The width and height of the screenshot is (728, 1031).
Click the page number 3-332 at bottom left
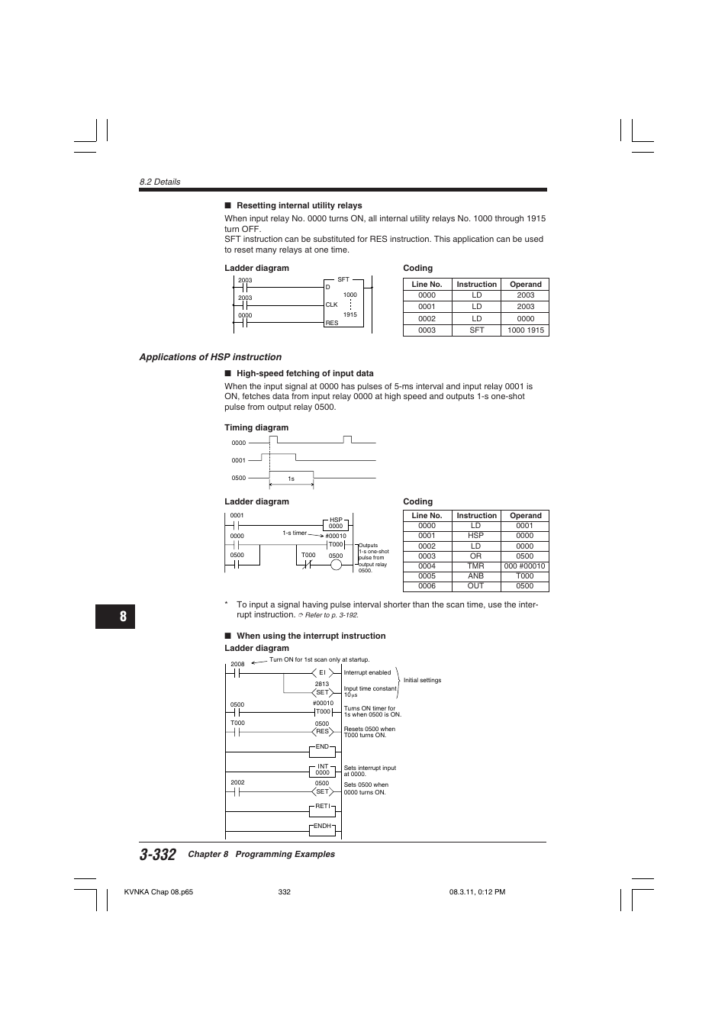(158, 855)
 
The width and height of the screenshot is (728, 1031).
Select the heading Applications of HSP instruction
(210, 357)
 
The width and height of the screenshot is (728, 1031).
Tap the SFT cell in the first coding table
(476, 330)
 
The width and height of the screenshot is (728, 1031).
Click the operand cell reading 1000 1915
(525, 330)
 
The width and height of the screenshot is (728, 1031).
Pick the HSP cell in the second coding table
(475, 536)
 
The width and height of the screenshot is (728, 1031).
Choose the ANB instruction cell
(475, 576)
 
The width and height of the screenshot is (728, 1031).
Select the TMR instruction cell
(475, 566)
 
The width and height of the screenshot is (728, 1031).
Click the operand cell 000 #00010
(524, 566)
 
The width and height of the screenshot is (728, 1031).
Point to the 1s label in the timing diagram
(291, 479)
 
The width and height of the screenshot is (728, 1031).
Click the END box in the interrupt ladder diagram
(322, 747)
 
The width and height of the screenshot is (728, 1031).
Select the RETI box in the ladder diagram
(322, 807)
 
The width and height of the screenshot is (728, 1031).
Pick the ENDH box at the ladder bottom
(322, 826)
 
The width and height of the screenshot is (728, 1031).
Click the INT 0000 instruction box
(322, 769)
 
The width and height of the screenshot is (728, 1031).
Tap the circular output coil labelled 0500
(336, 565)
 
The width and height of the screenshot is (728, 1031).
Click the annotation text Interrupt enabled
(367, 673)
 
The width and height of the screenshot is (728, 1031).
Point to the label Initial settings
(422, 681)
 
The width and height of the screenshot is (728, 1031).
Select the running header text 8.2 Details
(159, 182)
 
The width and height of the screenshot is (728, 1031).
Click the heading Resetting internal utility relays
(299, 205)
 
